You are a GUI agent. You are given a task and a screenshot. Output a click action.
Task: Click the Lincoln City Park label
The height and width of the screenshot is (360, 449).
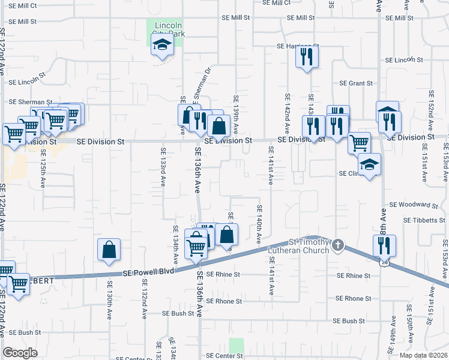(x=168, y=29)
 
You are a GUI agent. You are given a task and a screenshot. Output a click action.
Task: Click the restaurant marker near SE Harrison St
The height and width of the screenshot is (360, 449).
(x=306, y=58)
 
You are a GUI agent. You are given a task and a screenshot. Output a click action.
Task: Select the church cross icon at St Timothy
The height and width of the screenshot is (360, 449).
(x=339, y=245)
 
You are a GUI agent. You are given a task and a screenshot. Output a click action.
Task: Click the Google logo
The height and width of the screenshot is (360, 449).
(x=20, y=353)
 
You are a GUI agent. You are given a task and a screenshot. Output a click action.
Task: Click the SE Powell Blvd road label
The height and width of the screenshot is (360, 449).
(x=148, y=272)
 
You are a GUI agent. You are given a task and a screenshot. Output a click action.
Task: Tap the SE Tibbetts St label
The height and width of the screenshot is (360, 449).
(x=424, y=220)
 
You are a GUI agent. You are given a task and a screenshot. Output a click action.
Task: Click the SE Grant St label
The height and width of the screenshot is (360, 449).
(x=357, y=83)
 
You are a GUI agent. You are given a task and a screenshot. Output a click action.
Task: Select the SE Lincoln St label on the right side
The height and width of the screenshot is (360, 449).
(x=405, y=61)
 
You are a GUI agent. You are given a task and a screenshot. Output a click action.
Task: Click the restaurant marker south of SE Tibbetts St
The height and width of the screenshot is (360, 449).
(x=384, y=245)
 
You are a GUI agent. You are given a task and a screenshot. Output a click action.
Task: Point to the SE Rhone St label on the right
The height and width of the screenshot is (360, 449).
(x=353, y=298)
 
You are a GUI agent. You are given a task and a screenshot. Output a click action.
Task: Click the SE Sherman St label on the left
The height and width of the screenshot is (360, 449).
(x=30, y=103)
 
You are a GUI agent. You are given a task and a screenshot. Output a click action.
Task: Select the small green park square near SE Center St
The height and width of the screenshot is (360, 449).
(x=237, y=346)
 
